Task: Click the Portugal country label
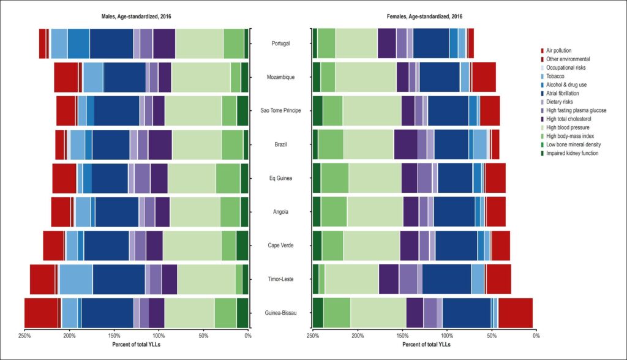[x=280, y=43]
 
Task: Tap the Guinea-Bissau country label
[x=280, y=313]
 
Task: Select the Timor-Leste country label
[x=280, y=279]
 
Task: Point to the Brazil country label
[x=280, y=144]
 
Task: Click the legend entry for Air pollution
[x=556, y=50]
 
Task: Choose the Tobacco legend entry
[x=552, y=76]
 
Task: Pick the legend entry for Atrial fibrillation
[x=560, y=93]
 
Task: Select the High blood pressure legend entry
[x=565, y=127]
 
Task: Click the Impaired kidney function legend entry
[x=569, y=153]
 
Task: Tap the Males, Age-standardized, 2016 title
[x=137, y=17]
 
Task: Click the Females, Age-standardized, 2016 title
[x=424, y=17]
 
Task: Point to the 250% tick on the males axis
[x=24, y=336]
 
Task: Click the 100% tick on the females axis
[x=447, y=336]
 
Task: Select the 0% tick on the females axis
[x=536, y=336]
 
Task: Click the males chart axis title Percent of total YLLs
[x=137, y=344]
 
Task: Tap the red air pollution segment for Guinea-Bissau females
[x=516, y=313]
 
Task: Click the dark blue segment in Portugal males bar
[x=111, y=43]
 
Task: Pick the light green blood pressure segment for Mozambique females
[x=366, y=77]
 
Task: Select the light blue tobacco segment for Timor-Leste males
[x=76, y=279]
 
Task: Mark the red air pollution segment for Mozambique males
[x=66, y=77]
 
